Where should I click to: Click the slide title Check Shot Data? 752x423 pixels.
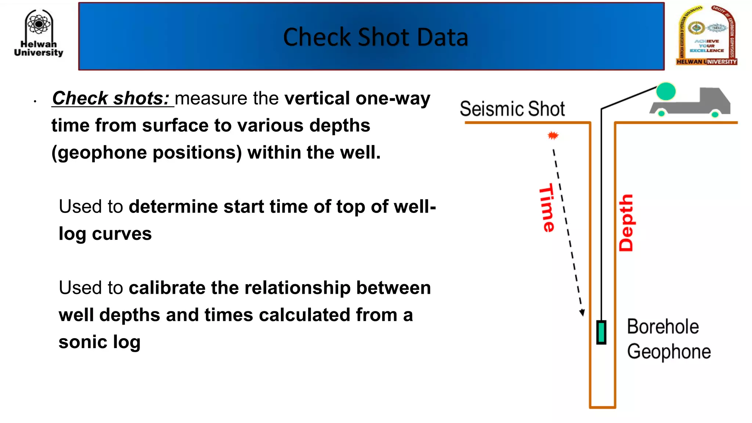click(x=375, y=37)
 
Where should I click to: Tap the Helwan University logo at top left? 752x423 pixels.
click(x=39, y=33)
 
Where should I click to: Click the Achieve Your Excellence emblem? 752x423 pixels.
click(x=707, y=36)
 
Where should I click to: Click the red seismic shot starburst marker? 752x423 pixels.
click(x=553, y=135)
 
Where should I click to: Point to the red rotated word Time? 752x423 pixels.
click(x=547, y=208)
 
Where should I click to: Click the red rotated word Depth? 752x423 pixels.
click(x=626, y=223)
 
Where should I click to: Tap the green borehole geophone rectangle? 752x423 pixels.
click(x=601, y=332)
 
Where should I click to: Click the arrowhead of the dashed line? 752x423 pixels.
click(x=582, y=312)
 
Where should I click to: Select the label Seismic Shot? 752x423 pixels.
click(x=512, y=109)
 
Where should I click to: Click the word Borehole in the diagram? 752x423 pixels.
click(x=662, y=326)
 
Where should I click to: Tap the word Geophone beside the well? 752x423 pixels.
click(x=669, y=351)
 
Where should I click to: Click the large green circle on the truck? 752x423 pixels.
click(x=666, y=91)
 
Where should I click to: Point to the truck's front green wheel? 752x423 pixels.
click(x=715, y=114)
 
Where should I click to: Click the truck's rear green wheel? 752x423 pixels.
click(x=661, y=113)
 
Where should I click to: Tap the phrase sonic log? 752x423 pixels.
click(x=100, y=342)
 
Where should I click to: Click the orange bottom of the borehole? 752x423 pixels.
click(x=602, y=407)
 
